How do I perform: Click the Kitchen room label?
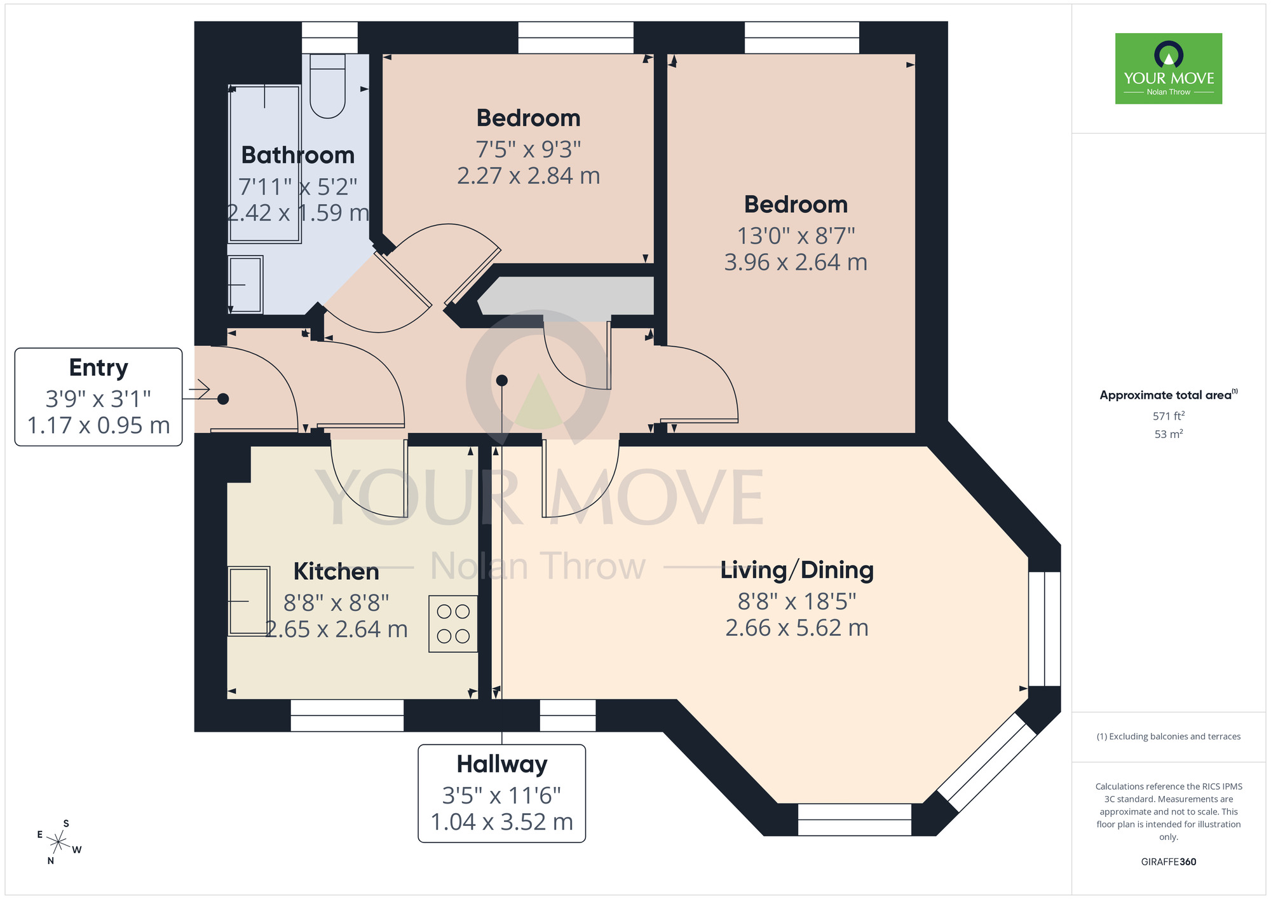coord(336,571)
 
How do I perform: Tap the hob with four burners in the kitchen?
coord(453,624)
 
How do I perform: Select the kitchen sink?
coord(248,601)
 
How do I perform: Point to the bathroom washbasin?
coord(245,284)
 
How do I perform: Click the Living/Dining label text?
coord(797,570)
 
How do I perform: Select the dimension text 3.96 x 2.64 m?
coord(796,262)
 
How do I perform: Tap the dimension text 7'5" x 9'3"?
coord(528,149)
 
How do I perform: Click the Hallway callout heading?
coord(501,764)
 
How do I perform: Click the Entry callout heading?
coord(99,367)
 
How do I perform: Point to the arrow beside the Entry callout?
coord(198,389)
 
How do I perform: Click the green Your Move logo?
coord(1168,69)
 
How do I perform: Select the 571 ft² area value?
coord(1168,416)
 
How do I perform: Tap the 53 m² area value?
coord(1168,434)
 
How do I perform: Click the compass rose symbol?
coord(58,842)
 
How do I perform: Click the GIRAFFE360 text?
coord(1168,861)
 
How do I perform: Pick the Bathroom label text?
coord(297,155)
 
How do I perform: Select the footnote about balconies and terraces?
coord(1168,736)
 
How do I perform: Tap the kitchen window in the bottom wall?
coord(347,715)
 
